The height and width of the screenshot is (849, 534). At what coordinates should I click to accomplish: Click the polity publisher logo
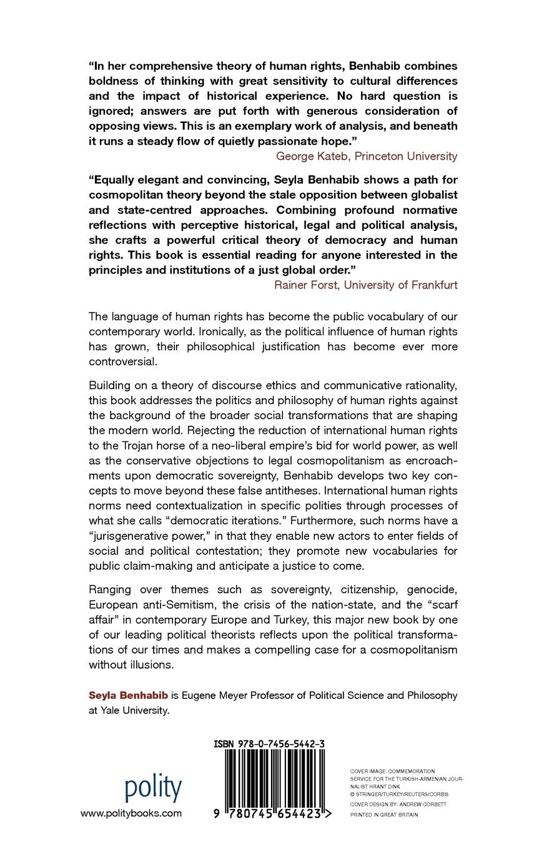tap(153, 788)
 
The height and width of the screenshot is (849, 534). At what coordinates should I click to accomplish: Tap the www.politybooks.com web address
tap(131, 813)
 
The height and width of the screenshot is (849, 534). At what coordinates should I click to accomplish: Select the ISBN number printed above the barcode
tap(269, 743)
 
